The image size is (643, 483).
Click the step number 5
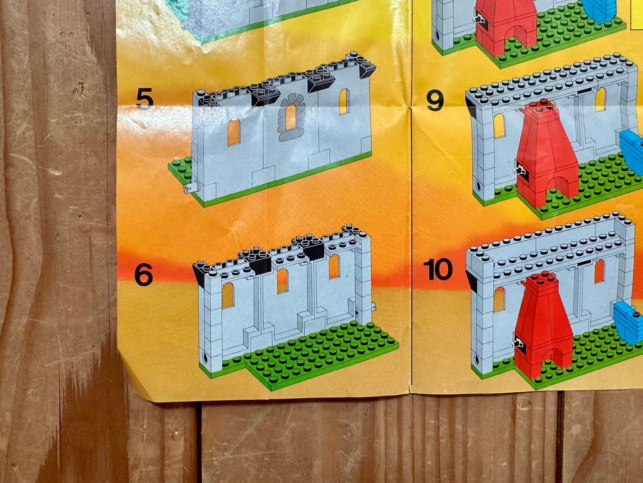tap(144, 99)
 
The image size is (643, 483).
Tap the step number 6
tap(143, 274)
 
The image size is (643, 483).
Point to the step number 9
tap(435, 100)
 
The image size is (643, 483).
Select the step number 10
tap(438, 269)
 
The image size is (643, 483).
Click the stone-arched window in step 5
tap(291, 117)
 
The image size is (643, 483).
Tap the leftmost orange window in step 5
tap(234, 132)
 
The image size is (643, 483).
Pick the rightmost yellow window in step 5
tap(344, 102)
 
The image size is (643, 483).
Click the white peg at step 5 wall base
tap(191, 187)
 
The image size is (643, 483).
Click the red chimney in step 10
tap(543, 325)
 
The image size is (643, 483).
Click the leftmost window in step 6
tap(228, 296)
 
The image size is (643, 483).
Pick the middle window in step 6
tap(282, 281)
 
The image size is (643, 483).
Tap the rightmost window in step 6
tap(334, 266)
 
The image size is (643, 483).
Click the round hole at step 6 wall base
tap(205, 356)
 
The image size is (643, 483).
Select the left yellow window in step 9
tap(499, 126)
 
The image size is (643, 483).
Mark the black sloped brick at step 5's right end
tap(367, 68)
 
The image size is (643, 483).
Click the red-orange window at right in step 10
tap(599, 271)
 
